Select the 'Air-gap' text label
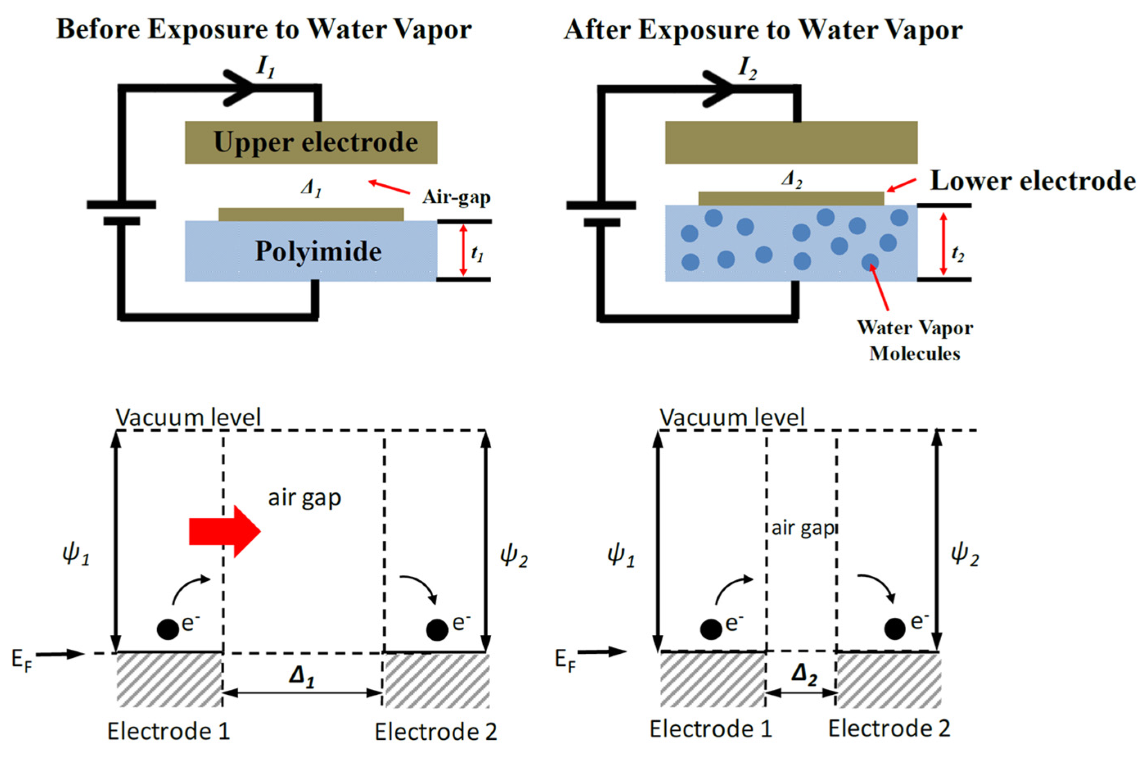point(456,197)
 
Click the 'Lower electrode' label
point(1033,181)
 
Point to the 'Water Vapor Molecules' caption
point(915,340)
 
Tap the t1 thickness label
point(477,253)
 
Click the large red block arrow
point(225,531)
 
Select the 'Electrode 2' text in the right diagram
point(889,728)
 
